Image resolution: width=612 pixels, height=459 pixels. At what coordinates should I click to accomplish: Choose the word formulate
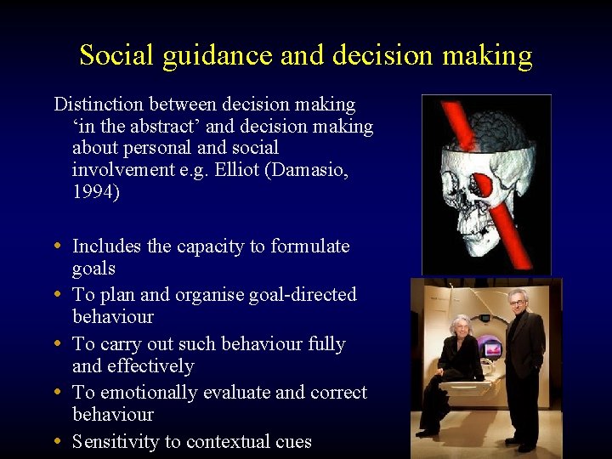pos(310,246)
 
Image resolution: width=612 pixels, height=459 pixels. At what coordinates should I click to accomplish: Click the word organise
pos(211,295)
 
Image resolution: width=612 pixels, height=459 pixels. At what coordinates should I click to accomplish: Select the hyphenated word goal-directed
pos(303,295)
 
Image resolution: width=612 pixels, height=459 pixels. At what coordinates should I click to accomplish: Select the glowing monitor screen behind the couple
pos(492,348)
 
